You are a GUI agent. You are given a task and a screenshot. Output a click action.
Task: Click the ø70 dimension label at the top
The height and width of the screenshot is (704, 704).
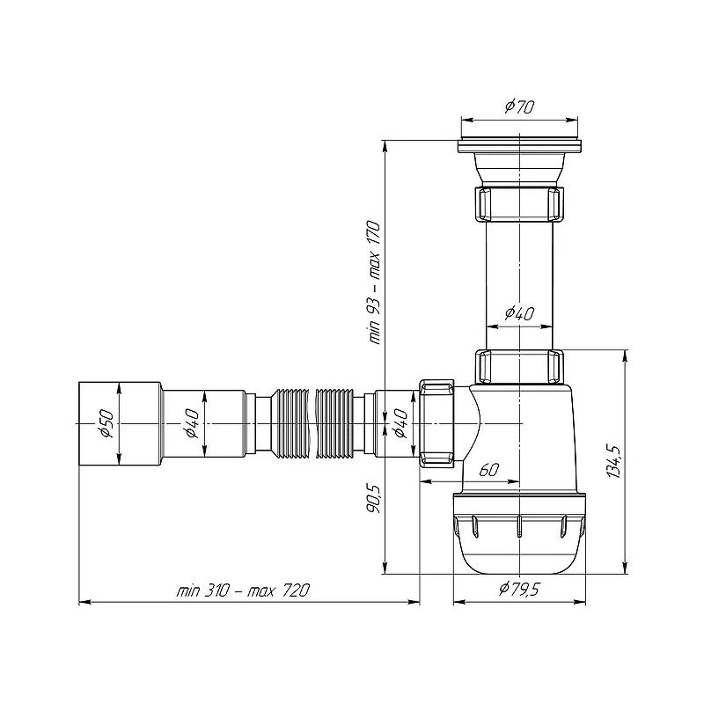click(519, 106)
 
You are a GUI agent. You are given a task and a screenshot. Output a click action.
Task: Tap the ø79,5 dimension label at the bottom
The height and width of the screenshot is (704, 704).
click(518, 588)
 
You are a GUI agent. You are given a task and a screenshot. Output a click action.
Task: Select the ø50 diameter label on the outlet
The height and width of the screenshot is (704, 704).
click(106, 423)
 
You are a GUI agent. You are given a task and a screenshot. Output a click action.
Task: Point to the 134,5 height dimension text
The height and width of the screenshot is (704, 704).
click(613, 462)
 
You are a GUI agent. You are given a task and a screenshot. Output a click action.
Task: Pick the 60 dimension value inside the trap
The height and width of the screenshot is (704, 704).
click(489, 470)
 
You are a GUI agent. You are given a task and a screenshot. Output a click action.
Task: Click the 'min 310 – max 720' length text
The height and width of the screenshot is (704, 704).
click(244, 590)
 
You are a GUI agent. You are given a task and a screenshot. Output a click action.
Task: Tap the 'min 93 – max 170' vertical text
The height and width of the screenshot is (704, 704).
click(374, 282)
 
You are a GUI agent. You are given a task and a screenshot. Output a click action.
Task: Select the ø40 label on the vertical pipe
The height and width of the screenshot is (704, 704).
click(519, 313)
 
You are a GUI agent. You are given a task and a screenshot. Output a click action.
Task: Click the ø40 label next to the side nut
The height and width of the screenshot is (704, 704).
click(400, 423)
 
